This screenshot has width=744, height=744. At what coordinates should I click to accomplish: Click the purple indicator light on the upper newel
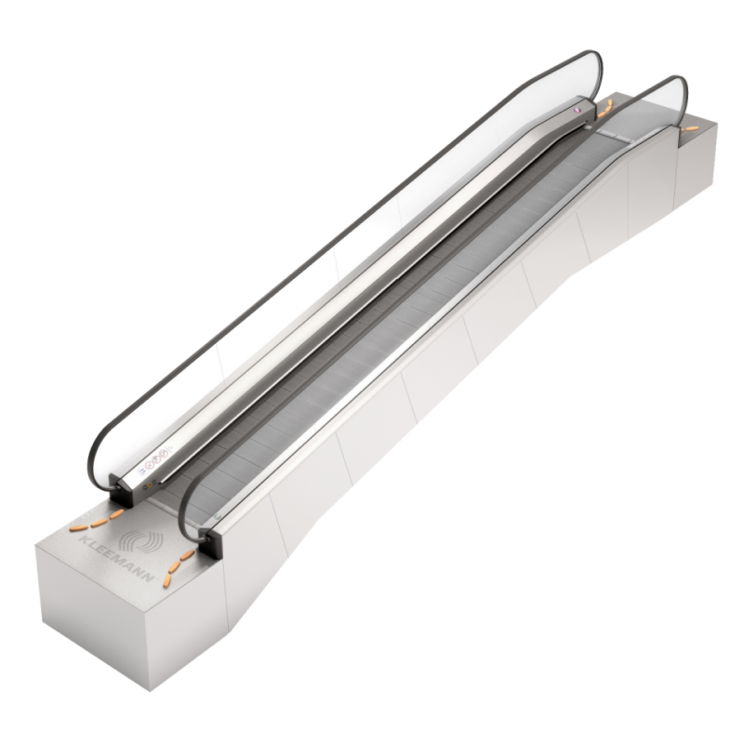577,111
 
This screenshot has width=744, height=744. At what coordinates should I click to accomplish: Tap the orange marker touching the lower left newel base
115,512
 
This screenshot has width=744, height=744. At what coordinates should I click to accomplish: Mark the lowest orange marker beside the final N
167,579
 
